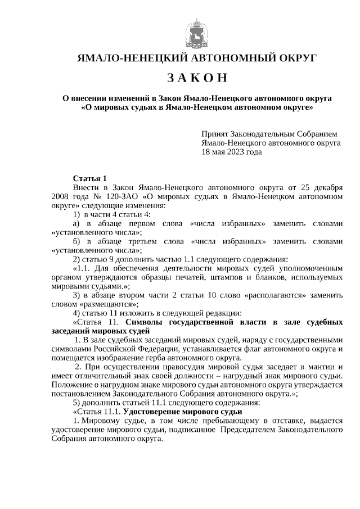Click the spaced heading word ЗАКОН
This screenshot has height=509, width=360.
[197, 77]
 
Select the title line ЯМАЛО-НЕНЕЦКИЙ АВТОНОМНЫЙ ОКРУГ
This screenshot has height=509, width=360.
[197, 58]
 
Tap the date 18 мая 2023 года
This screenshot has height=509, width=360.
[232, 152]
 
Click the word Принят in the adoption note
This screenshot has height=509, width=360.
[214, 134]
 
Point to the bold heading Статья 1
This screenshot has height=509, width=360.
[89, 178]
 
